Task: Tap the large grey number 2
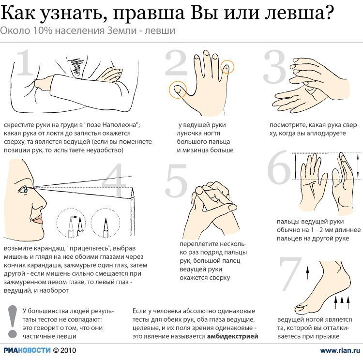[x=176, y=63]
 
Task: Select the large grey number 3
[x=274, y=67]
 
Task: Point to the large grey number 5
[x=176, y=180]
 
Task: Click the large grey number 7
[x=290, y=274]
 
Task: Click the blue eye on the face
[x=24, y=190]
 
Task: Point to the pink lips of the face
[x=38, y=220]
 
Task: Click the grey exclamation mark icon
[x=12, y=322]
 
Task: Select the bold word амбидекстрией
[x=232, y=336]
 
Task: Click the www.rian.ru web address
[x=340, y=350]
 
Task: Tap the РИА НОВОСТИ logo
[x=27, y=350]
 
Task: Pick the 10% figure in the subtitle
[x=43, y=31]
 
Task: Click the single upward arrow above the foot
[x=307, y=273]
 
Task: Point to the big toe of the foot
[x=302, y=308]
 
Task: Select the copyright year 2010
[x=68, y=350]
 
